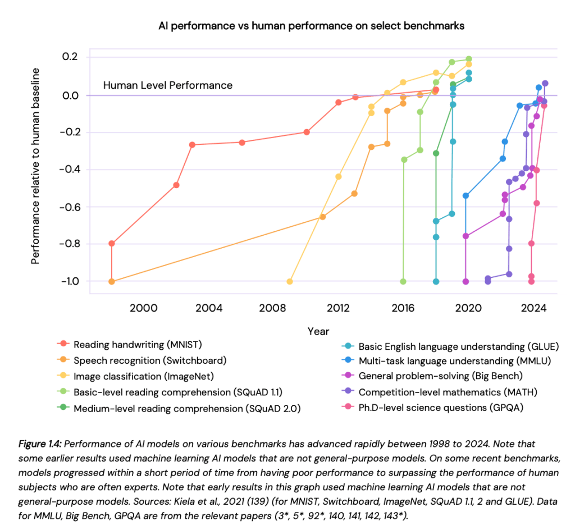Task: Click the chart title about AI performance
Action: [x=312, y=26]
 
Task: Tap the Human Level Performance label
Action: [x=167, y=85]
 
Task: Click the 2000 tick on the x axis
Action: [x=143, y=308]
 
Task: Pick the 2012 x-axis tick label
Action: [x=338, y=308]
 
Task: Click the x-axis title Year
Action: [x=318, y=331]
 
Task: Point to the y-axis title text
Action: [x=35, y=166]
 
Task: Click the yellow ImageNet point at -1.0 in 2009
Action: [x=290, y=281]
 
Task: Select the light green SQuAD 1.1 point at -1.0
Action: [x=403, y=281]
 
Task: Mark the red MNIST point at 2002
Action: [x=176, y=185]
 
